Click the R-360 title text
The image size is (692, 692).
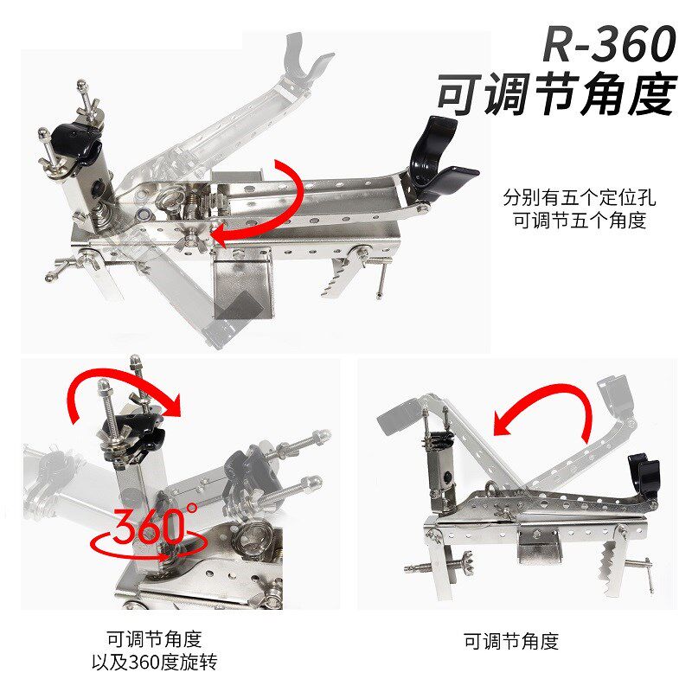point(609,44)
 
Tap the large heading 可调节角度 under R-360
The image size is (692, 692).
point(557,94)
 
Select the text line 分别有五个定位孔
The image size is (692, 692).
point(580,197)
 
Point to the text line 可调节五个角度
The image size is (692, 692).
point(580,220)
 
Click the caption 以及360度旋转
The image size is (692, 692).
point(155,663)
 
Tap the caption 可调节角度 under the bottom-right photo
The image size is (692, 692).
point(511,641)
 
